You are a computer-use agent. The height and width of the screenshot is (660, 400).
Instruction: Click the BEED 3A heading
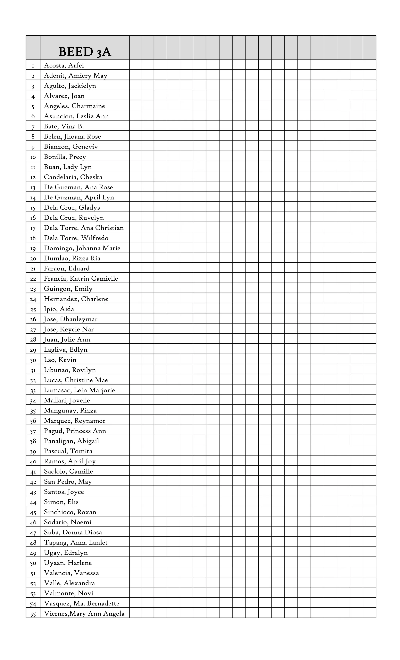(85, 51)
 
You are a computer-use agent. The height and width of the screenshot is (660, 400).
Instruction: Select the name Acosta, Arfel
(64, 65)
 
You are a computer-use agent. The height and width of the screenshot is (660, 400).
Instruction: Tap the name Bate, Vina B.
(64, 126)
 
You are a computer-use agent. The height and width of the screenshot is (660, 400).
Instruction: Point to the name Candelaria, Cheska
(73, 177)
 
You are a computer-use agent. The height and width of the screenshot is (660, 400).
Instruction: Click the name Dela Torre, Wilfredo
(76, 238)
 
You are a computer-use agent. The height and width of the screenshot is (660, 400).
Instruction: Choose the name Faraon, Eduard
(67, 268)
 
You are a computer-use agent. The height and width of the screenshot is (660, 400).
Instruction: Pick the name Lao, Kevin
(60, 360)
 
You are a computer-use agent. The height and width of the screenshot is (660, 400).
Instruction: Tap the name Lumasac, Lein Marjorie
(79, 390)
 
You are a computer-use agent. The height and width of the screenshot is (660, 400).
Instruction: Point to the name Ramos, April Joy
(70, 461)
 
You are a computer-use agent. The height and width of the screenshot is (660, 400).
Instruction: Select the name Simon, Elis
(61, 502)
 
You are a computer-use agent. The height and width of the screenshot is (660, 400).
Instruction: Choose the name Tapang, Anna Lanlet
(76, 542)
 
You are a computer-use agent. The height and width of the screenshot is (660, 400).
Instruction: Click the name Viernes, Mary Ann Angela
(84, 613)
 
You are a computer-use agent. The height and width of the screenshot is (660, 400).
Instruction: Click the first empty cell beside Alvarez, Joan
(135, 95)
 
